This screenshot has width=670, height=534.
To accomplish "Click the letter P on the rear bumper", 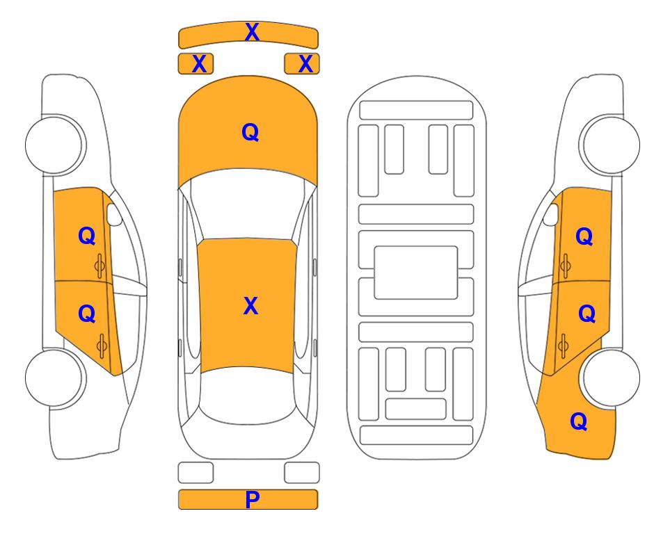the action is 252,499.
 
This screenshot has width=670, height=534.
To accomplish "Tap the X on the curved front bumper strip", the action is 252,32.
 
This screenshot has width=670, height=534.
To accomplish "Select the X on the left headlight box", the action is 199,64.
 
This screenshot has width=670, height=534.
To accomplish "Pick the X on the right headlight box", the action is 305,64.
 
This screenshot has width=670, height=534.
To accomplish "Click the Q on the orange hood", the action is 250,132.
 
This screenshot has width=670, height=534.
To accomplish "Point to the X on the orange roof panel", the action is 250,306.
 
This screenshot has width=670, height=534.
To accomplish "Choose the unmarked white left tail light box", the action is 196,473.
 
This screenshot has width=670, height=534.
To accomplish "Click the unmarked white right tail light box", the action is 302,473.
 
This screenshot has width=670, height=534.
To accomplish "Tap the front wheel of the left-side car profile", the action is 54,145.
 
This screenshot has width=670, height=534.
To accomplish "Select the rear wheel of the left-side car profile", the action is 54,378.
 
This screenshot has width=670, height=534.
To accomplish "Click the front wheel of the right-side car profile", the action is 611,145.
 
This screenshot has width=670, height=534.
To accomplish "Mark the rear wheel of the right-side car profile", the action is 611,378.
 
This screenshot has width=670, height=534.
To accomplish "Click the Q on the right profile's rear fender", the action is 579,421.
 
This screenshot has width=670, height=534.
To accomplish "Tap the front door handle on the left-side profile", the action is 100,266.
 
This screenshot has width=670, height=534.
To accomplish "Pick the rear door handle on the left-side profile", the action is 102,345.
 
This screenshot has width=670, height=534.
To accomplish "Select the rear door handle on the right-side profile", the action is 563,346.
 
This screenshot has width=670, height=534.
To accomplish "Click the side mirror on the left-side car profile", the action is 114,214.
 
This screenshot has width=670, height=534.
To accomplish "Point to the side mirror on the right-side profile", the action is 551,214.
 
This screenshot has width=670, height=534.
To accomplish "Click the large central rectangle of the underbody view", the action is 416,273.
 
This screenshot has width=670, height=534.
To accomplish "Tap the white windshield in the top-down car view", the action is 248,205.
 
